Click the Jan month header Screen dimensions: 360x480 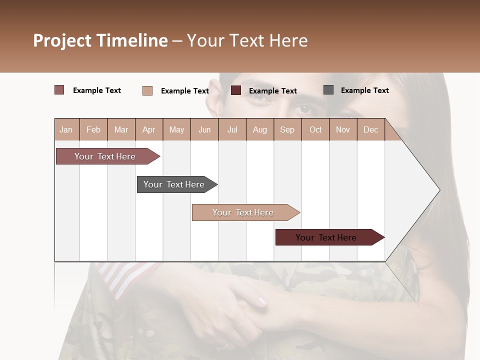[66, 129]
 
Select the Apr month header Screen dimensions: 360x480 [149, 129]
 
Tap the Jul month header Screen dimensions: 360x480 [232, 129]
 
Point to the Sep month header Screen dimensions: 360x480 [287, 129]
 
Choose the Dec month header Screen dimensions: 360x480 [370, 129]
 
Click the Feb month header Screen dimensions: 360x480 [93, 129]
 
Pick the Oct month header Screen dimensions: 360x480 [315, 129]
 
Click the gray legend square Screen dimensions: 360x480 [328, 90]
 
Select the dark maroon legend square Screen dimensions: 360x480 [236, 90]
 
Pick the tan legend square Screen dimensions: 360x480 [147, 90]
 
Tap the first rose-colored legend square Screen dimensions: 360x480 [59, 90]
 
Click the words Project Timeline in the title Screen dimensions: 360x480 [100, 40]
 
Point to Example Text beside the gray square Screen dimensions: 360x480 [364, 90]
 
